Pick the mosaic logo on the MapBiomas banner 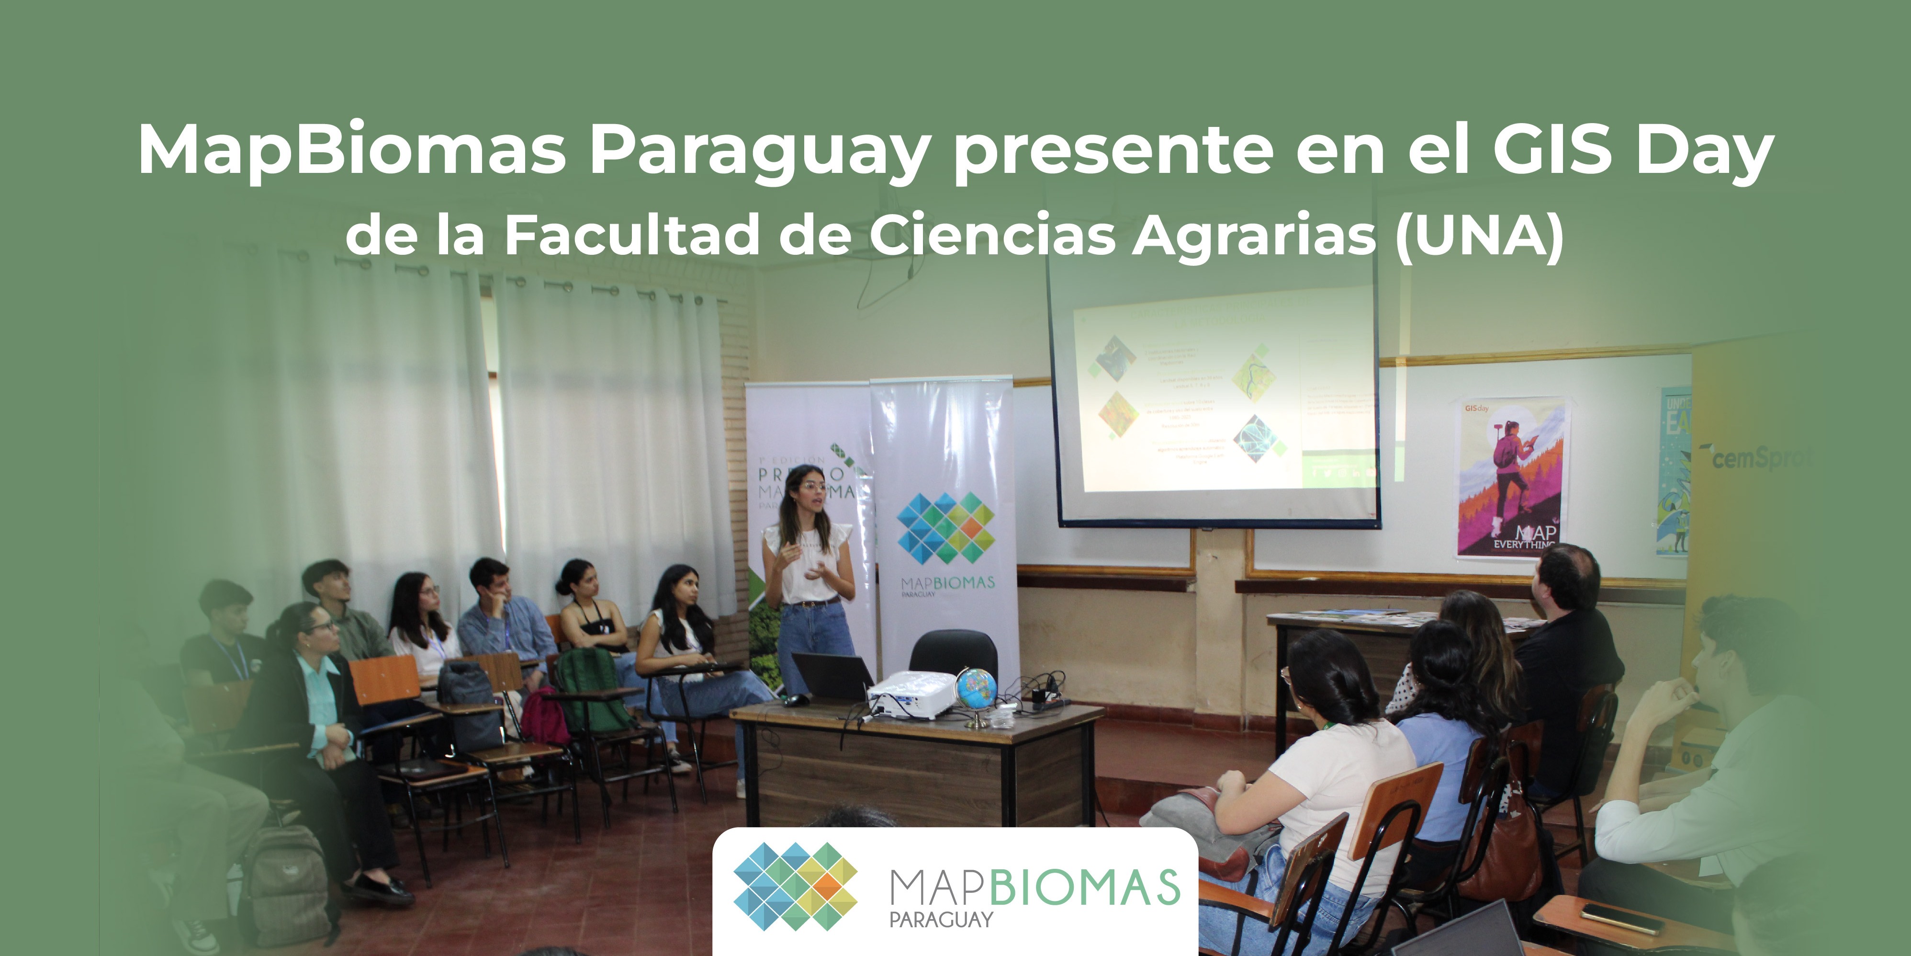945,528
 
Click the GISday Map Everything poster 1512,477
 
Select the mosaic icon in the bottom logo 795,886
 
